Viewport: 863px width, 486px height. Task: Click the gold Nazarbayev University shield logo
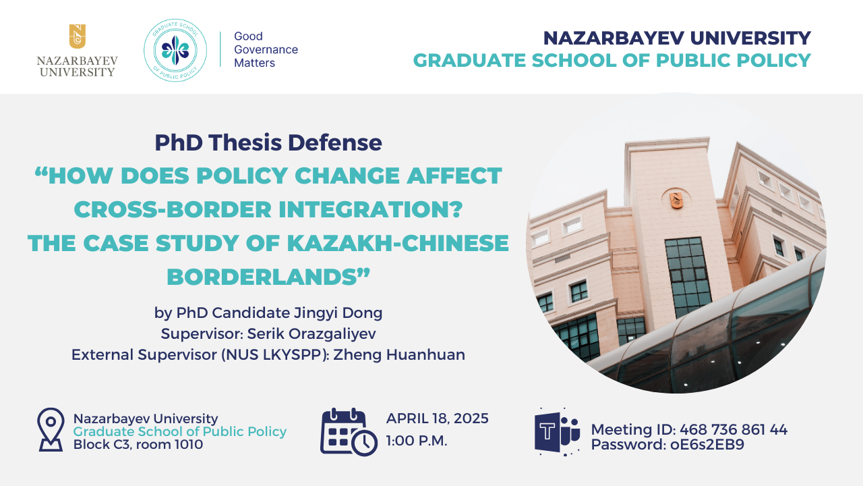77,36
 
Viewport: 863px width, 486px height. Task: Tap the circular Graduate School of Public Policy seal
175,50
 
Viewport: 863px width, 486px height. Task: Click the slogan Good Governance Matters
266,49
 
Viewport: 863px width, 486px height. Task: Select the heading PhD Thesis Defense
268,142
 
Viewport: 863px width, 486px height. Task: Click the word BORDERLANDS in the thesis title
262,277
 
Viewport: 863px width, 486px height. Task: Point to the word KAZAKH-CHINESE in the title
398,243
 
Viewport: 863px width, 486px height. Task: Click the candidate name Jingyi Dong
338,313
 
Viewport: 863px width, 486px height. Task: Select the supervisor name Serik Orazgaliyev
311,333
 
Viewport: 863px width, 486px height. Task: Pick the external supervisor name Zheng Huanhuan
399,354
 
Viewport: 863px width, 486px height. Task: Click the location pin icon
51,429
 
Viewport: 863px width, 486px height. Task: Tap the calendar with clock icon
349,432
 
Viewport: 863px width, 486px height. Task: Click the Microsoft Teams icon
557,431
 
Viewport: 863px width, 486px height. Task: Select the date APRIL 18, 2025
438,418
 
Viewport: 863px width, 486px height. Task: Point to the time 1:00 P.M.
417,441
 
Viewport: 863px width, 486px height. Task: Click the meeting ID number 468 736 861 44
734,429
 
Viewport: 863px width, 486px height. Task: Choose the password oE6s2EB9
707,444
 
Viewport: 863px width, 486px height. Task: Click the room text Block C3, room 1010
138,444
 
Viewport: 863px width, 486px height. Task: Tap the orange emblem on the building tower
676,200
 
